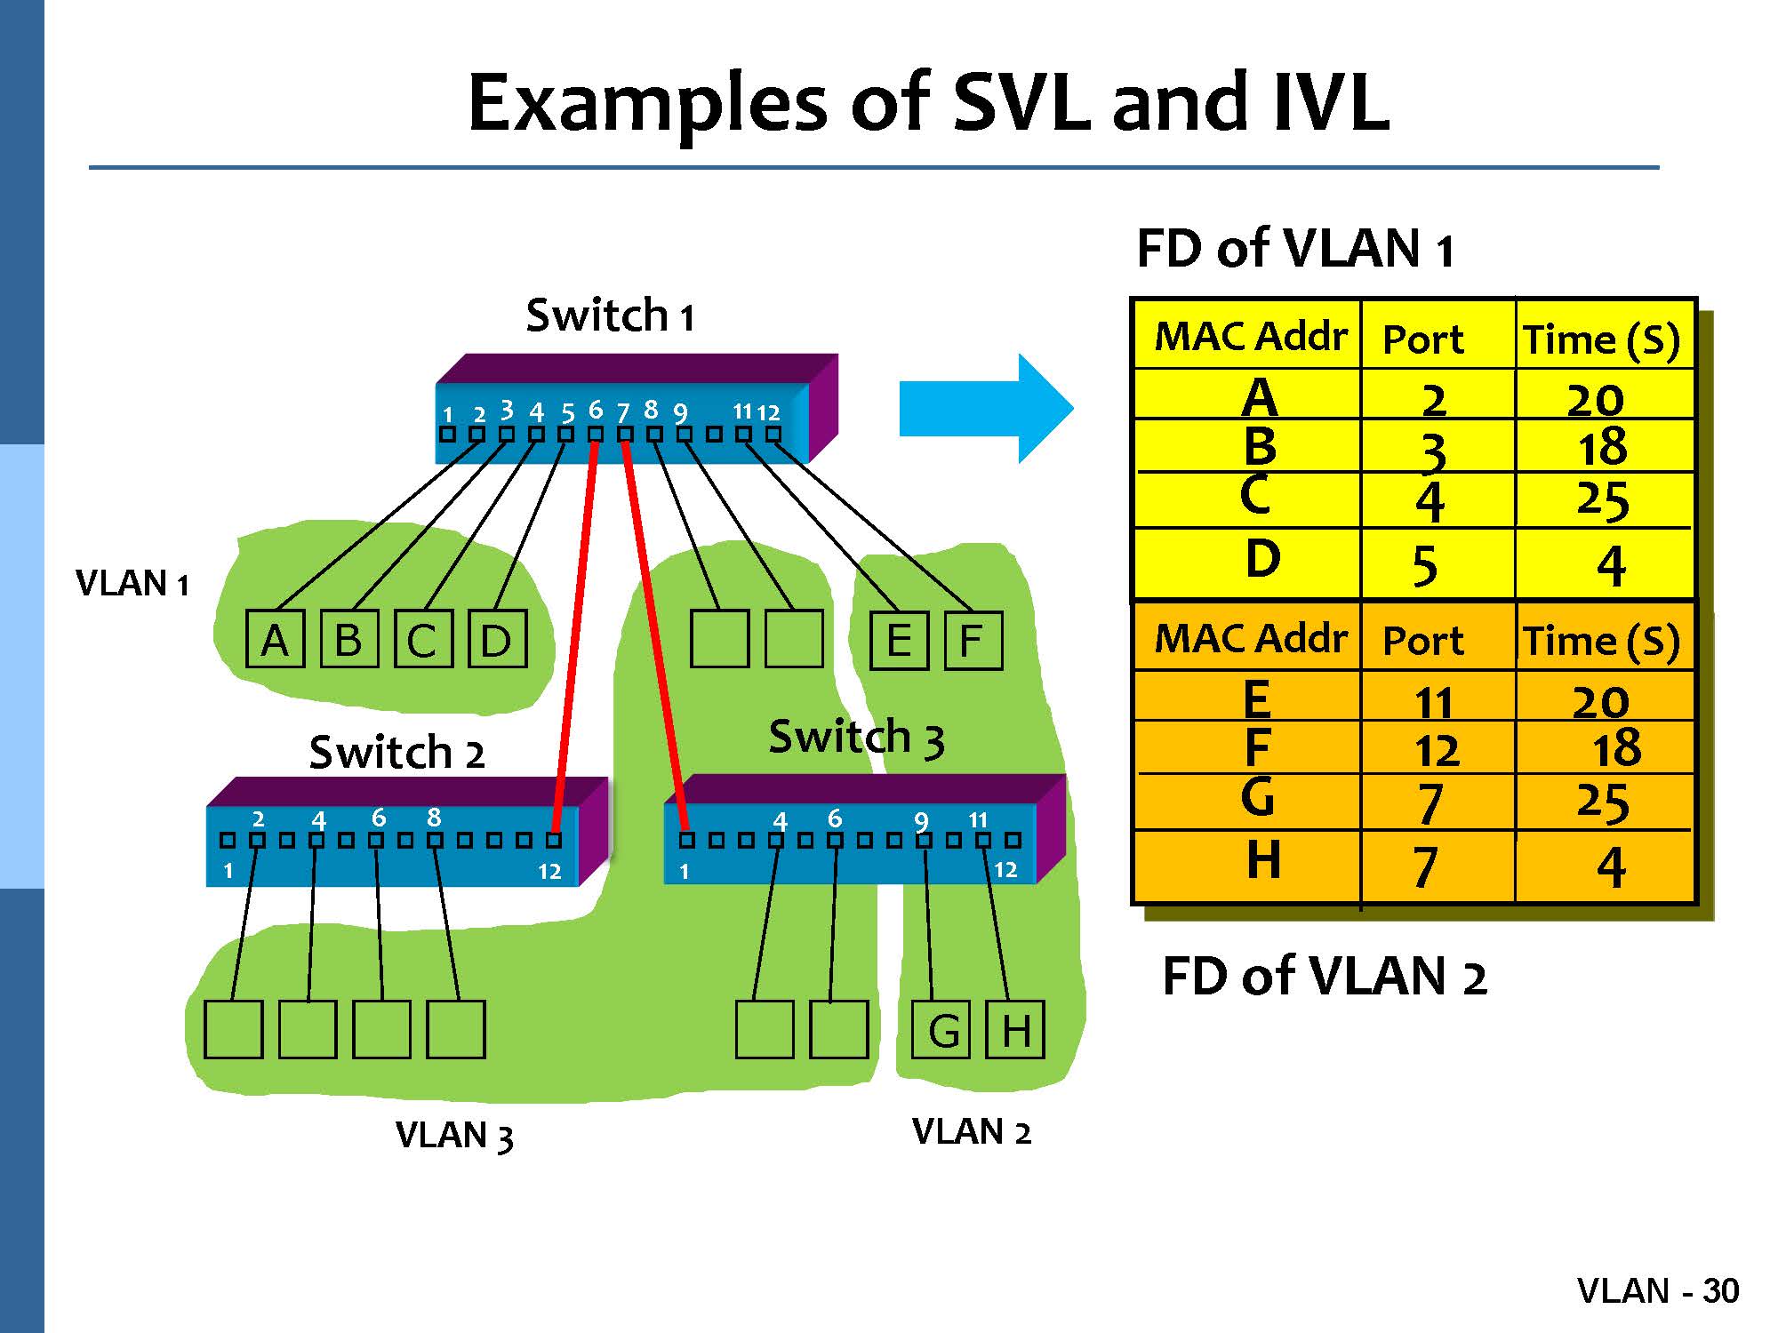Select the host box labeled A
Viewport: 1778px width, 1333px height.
(275, 639)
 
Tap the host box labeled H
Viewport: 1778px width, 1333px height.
(1015, 1030)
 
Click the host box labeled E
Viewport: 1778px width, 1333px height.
(899, 640)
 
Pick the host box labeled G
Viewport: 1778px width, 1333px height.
(942, 1030)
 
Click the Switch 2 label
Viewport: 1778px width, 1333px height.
(396, 753)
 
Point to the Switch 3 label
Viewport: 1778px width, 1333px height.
(855, 738)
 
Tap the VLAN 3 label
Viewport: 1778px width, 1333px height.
(454, 1135)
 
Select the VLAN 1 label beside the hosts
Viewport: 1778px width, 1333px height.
(132, 584)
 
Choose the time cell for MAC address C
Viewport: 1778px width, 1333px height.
(1602, 499)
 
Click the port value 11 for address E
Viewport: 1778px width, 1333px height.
(1433, 702)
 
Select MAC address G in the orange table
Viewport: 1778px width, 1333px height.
(1257, 797)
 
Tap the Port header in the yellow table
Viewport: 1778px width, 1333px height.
(1422, 339)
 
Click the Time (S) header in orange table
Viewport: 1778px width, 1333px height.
(1602, 641)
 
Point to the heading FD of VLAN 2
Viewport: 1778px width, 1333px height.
(1324, 977)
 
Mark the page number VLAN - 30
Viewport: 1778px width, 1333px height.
(1658, 1290)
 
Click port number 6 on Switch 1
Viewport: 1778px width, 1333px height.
(596, 411)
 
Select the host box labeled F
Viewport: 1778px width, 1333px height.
(972, 640)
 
